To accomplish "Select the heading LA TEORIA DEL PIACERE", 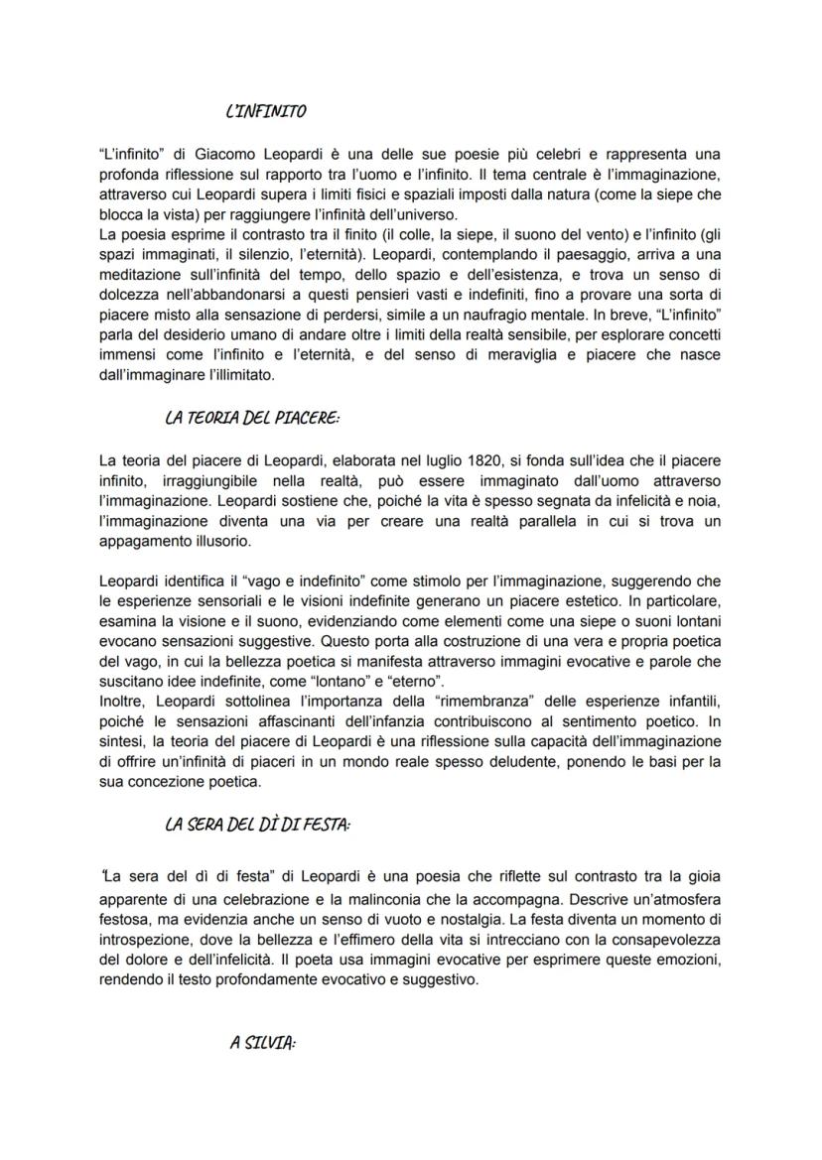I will point(252,418).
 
